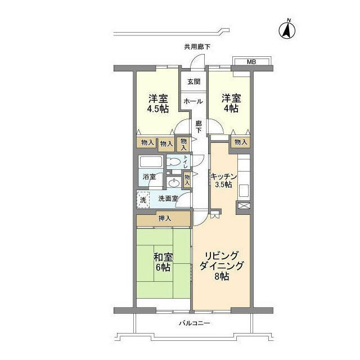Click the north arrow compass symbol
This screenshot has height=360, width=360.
point(287,30)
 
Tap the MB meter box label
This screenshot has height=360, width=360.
point(251,62)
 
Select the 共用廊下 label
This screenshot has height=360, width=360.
point(197,47)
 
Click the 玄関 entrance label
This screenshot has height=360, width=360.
point(194,82)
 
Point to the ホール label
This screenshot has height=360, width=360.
point(193,101)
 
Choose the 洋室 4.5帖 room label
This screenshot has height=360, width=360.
point(158,103)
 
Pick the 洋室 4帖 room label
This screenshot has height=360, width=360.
point(231,103)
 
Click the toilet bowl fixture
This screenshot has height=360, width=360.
point(173,162)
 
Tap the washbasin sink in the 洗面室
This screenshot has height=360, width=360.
point(174,183)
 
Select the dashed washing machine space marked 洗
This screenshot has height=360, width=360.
point(143,200)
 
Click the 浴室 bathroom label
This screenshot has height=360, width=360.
point(149,177)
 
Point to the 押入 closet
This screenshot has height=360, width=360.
point(164,219)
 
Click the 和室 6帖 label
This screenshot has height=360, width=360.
point(163,262)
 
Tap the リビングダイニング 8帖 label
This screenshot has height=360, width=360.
point(221,266)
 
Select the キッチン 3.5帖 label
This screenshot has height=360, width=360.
point(223,181)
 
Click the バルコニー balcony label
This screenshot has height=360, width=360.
point(194,323)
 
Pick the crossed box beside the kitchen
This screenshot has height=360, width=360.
point(244,205)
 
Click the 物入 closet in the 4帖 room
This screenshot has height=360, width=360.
point(241,142)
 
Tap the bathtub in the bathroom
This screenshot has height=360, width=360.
point(151,162)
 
